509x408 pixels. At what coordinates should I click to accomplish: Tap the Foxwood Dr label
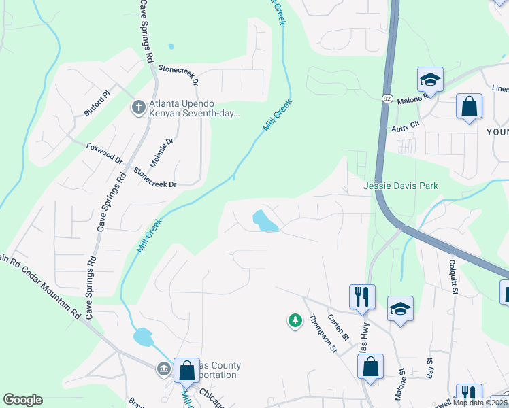[104, 154]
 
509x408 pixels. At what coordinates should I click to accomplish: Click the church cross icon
[137, 107]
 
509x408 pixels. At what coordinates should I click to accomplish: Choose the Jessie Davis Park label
[401, 186]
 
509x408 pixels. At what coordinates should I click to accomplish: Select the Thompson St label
[323, 333]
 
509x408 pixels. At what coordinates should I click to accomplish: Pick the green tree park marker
[295, 320]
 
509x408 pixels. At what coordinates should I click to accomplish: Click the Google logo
[22, 400]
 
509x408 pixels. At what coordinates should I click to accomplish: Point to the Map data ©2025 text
[479, 403]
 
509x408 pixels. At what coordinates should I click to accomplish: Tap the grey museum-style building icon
[163, 369]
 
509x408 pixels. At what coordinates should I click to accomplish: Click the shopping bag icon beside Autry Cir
[469, 107]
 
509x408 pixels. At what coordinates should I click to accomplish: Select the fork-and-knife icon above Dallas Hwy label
[361, 296]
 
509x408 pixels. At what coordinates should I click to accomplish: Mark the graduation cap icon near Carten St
[400, 309]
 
